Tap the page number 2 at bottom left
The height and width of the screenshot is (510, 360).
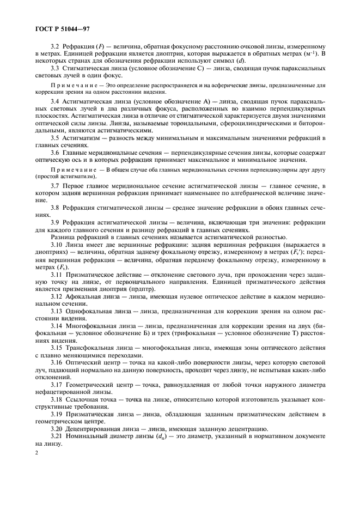(36, 453)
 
